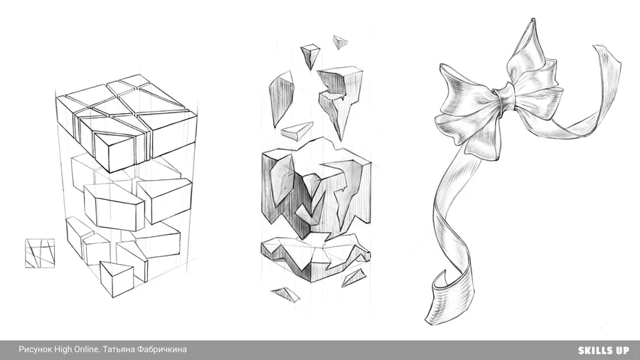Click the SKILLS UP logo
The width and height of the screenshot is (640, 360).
[603, 350]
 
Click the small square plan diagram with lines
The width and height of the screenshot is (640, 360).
[40, 253]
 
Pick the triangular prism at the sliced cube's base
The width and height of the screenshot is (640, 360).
[117, 278]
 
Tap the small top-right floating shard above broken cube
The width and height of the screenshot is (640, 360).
[340, 42]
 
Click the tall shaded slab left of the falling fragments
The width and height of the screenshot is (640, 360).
[281, 98]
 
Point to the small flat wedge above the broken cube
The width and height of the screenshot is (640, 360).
[297, 132]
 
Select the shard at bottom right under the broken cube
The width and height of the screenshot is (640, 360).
[353, 277]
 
